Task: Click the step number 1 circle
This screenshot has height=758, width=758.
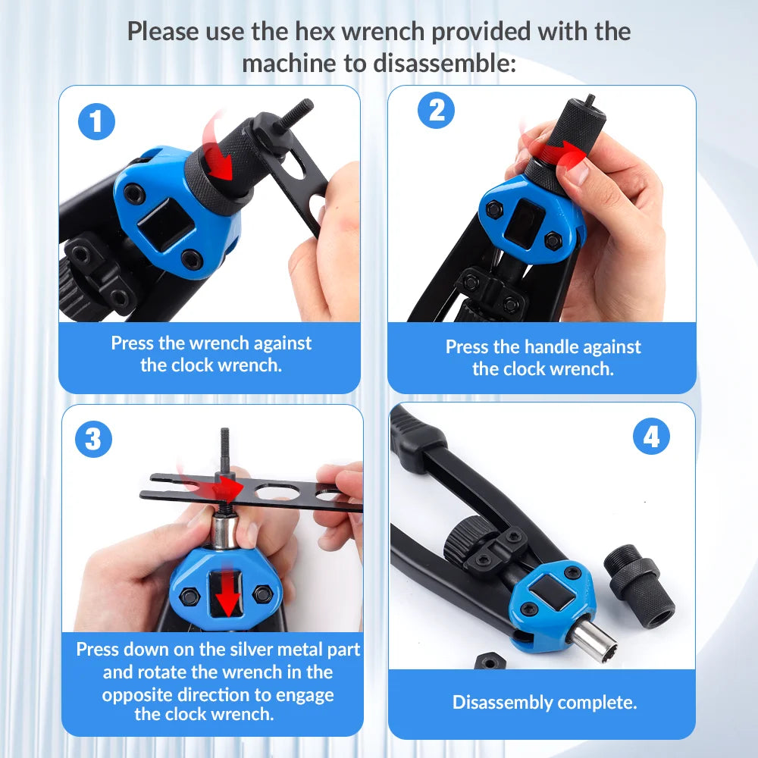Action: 96,121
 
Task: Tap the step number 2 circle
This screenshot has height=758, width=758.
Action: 436,110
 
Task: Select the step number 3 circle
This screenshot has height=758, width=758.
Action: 93,439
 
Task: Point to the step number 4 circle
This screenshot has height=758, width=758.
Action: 651,436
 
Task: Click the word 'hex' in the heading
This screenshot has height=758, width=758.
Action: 316,32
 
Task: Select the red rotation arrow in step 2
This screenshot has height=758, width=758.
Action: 556,148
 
